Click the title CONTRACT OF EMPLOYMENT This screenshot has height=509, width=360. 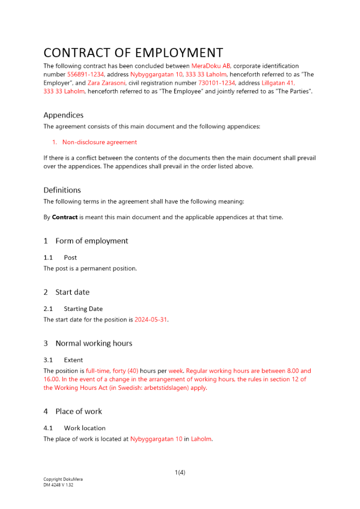(x=133, y=53)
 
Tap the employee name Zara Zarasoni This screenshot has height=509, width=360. (x=106, y=83)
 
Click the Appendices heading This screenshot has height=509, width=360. (x=63, y=115)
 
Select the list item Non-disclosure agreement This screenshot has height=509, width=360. (x=99, y=142)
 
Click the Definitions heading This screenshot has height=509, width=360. (x=62, y=190)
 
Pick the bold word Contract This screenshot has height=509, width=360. (x=65, y=217)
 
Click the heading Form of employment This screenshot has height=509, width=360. (x=92, y=241)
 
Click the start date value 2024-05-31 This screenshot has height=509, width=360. (x=151, y=320)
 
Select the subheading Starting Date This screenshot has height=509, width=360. (x=83, y=309)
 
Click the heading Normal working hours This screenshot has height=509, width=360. (x=94, y=343)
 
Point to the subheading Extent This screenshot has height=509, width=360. (x=74, y=360)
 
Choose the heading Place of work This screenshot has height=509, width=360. (x=78, y=411)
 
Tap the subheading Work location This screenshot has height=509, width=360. (x=85, y=428)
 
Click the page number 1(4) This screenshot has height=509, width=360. (x=180, y=472)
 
